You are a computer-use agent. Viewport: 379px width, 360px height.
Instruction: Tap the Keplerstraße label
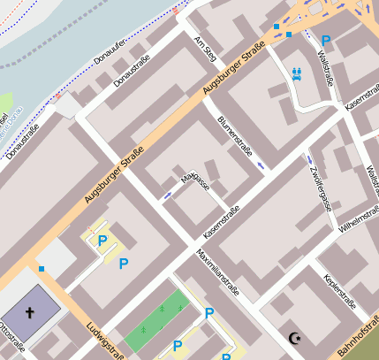point(340,293)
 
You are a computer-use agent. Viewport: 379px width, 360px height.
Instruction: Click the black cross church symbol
point(29,312)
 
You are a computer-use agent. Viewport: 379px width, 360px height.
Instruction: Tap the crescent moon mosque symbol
point(294,337)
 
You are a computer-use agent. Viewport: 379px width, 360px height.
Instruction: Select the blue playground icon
point(297,75)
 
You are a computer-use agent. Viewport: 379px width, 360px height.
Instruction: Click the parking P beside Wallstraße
point(326,41)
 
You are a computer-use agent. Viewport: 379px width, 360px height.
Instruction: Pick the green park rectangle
point(156,319)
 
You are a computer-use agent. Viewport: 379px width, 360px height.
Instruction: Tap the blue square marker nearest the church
point(41,268)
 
